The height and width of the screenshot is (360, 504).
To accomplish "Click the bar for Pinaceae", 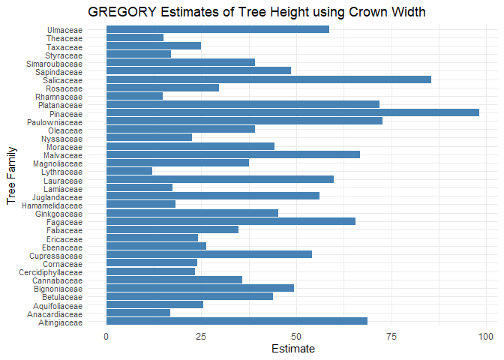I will coord(292,112).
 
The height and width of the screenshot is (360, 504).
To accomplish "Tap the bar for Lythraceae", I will coord(129,171).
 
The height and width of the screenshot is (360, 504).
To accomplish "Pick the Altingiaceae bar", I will coord(237,322).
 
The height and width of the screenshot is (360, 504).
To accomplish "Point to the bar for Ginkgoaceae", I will coord(192,213).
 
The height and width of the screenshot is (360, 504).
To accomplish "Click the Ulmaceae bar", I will coord(217,29).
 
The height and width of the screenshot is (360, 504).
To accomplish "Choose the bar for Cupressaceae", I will coord(209,255).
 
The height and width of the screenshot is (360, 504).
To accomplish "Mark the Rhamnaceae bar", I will coord(134,96).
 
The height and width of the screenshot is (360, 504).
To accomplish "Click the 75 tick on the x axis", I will coord(391,336).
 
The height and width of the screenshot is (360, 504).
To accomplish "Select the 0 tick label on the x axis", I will coord(106,336).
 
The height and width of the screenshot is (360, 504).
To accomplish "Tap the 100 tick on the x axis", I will coord(486,336).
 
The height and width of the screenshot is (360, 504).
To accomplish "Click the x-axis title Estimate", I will coord(292,349).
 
